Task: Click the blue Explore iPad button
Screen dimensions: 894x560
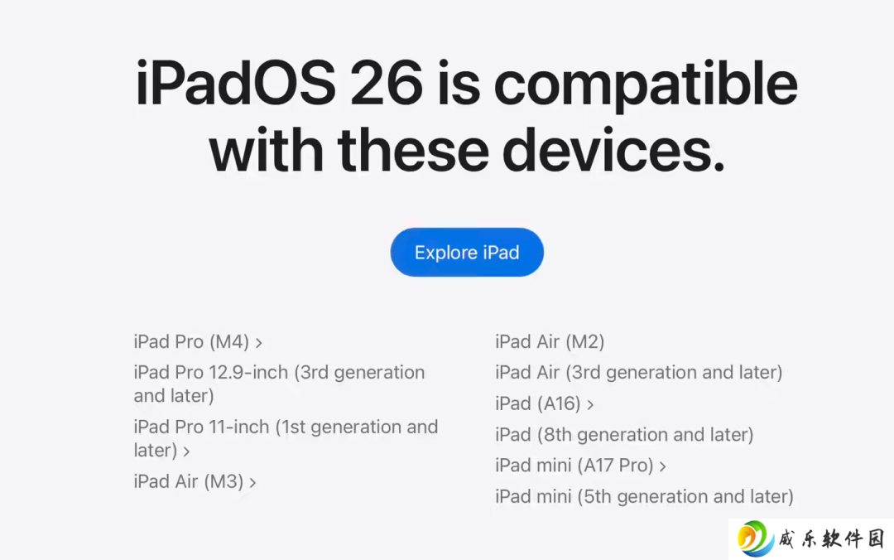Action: click(x=467, y=253)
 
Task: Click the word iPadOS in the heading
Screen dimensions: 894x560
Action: click(x=235, y=84)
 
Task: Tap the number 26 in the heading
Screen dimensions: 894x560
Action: click(x=387, y=84)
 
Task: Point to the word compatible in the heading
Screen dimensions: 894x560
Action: click(x=646, y=85)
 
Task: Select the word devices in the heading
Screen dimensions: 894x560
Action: click(x=613, y=150)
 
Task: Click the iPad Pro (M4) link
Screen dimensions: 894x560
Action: click(x=191, y=341)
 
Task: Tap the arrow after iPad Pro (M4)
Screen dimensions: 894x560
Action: click(x=259, y=343)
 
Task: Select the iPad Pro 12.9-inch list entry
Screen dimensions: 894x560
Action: click(x=280, y=384)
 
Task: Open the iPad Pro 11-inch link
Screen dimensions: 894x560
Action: click(x=286, y=438)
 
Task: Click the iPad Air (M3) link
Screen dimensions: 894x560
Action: click(x=189, y=481)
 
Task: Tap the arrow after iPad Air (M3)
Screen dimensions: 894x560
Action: click(x=252, y=483)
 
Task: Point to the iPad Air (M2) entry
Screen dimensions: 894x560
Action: click(x=550, y=341)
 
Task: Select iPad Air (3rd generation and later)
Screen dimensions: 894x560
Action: click(x=638, y=372)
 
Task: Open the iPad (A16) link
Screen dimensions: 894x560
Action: click(x=538, y=403)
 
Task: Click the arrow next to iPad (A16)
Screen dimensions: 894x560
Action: click(x=591, y=405)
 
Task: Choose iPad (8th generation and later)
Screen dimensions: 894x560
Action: click(x=624, y=434)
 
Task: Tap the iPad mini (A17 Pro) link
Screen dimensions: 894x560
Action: click(x=574, y=466)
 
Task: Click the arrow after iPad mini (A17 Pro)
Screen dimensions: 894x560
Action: click(x=662, y=467)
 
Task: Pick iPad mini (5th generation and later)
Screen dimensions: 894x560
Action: click(x=644, y=496)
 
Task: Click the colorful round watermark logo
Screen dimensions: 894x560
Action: click(x=756, y=538)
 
